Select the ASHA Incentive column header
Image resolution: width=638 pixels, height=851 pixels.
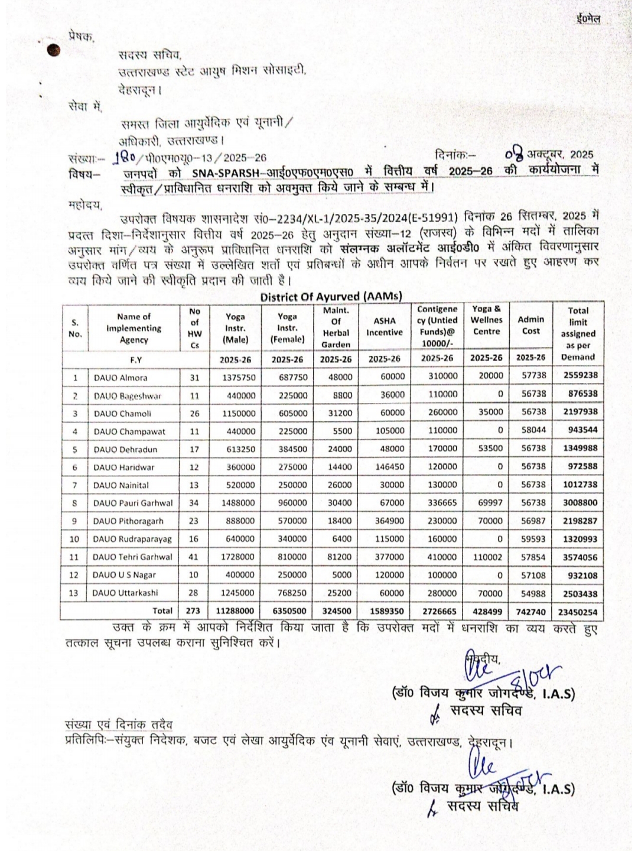tap(385, 327)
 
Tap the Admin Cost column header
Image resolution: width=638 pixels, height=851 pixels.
tap(530, 325)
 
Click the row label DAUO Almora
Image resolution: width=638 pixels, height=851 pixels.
tap(121, 378)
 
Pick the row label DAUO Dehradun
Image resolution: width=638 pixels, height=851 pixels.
tap(125, 449)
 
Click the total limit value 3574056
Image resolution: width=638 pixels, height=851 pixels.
tap(580, 557)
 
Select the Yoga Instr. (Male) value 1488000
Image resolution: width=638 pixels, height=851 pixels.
tap(238, 503)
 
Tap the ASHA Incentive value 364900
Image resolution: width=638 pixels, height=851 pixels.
tap(389, 521)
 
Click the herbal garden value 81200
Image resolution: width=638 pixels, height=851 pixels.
tap(340, 557)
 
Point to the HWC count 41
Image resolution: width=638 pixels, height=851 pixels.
tap(194, 557)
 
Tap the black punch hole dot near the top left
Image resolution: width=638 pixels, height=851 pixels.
tap(53, 52)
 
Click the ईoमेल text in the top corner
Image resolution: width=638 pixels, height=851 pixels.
tap(588, 20)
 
